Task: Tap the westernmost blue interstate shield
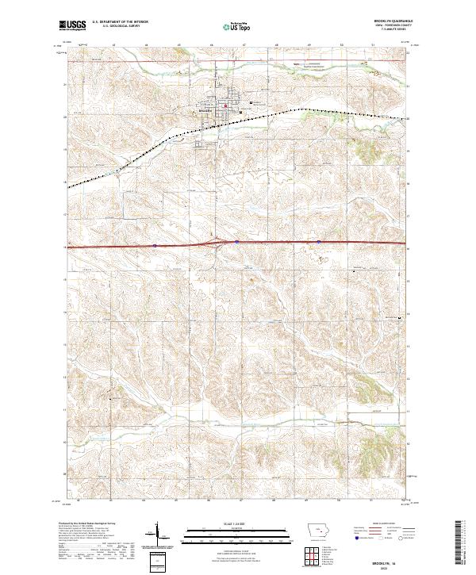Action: tap(155, 246)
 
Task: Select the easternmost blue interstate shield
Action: tap(318, 243)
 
